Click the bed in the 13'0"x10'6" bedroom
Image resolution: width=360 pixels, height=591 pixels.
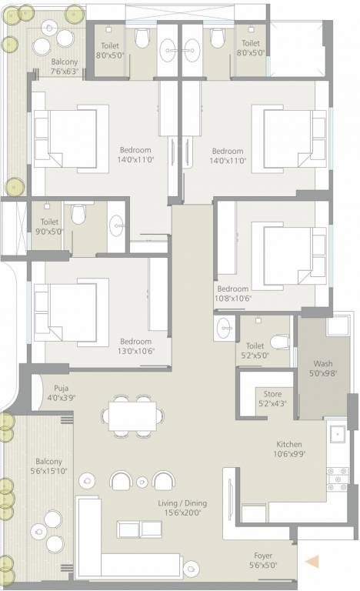pos(65,309)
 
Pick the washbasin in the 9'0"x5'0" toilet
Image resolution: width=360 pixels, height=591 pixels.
pos(117,225)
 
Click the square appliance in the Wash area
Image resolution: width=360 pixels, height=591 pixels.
pos(337,326)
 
